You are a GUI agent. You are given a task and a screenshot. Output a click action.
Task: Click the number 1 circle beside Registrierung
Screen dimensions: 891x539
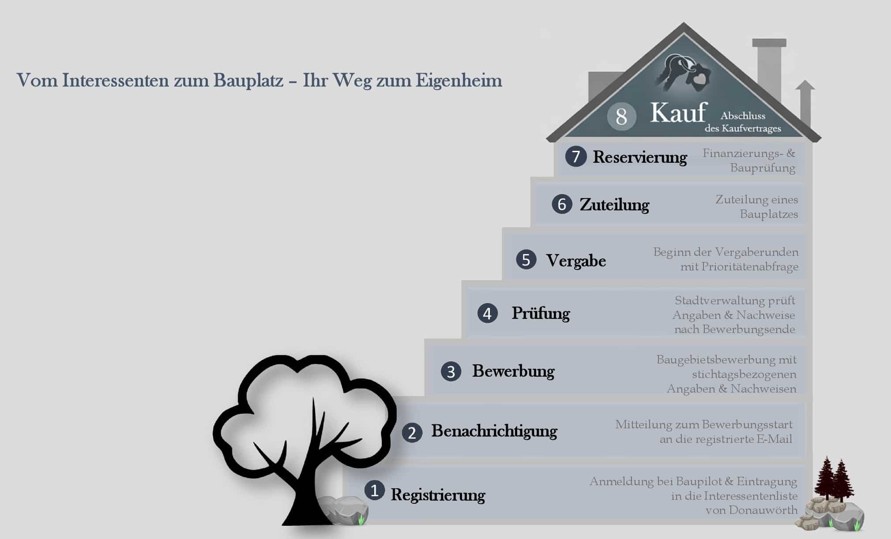[374, 490]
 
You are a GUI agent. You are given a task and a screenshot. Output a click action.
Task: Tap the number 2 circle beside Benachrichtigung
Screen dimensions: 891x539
[412, 433]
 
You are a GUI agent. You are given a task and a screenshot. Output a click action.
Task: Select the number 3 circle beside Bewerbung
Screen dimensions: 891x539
[451, 371]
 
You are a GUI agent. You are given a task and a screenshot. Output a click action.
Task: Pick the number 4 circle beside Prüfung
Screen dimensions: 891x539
[487, 313]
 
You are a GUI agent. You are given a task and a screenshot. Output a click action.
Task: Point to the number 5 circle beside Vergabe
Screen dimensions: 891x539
[526, 260]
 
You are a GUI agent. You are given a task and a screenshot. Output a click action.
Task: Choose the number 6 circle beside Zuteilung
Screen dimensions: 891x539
[562, 204]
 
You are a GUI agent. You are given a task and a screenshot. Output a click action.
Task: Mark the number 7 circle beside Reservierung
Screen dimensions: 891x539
[575, 157]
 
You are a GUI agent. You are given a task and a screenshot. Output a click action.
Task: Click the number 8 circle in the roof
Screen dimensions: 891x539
[621, 116]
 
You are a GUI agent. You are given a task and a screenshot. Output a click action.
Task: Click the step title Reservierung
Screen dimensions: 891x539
[640, 157]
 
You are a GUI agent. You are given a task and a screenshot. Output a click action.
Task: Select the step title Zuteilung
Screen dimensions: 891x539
[614, 205]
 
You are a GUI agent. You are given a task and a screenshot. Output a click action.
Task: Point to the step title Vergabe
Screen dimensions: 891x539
[576, 261]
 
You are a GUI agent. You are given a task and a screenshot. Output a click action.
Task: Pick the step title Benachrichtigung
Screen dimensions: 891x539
[494, 431]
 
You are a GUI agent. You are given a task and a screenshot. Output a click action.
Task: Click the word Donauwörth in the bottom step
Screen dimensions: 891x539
[763, 510]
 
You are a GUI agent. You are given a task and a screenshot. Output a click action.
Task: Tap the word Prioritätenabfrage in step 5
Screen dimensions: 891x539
[750, 267]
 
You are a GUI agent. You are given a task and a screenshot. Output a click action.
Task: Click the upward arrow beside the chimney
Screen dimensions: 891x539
[805, 105]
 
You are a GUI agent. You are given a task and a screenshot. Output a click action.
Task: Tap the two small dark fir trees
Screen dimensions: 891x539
[834, 480]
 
